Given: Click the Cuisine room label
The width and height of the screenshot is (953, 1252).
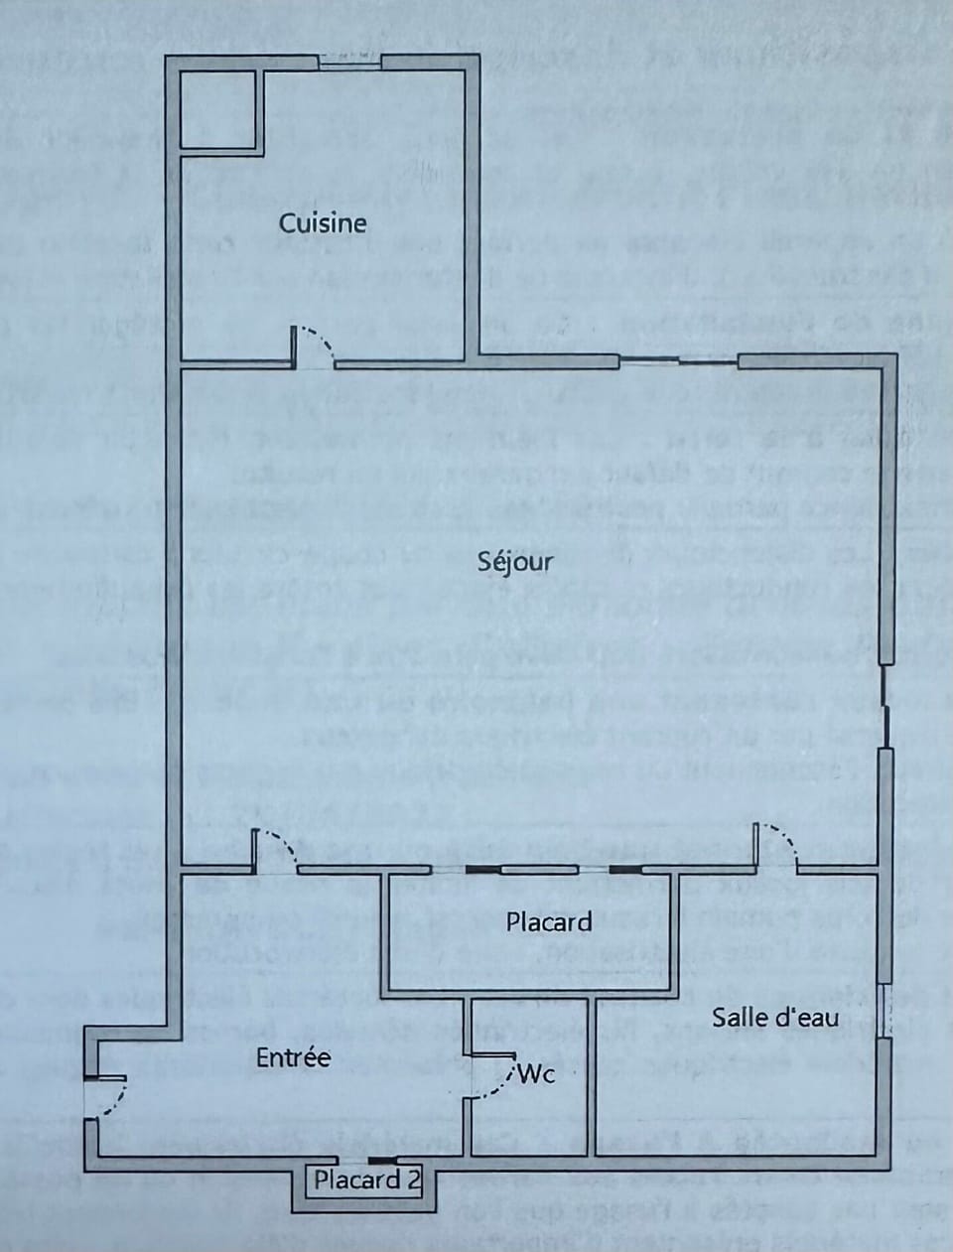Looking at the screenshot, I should coord(323,223).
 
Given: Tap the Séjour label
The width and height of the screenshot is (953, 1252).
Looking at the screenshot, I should coord(515,562).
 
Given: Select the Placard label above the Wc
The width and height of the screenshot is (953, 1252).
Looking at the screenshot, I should coord(549,922).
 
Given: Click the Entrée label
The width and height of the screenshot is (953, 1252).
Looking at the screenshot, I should coord(293,1057).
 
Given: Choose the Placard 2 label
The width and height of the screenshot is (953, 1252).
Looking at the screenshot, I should coord(367,1181).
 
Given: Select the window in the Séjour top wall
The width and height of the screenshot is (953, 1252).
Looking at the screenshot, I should coord(679,361).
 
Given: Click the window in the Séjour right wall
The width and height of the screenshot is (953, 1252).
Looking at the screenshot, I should coord(885,707).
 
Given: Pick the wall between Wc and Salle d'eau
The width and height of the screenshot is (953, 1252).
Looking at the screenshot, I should coord(591,1077).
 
